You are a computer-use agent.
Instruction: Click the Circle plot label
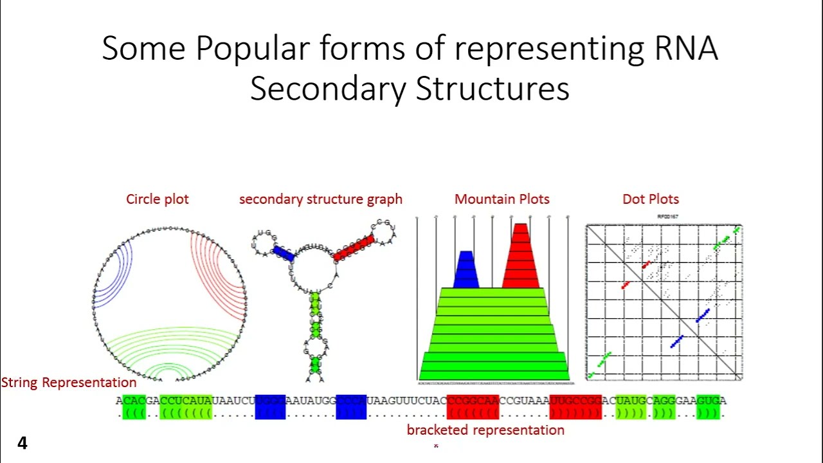[158, 199]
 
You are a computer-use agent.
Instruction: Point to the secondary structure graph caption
[320, 199]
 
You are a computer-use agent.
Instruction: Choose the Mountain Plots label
[502, 199]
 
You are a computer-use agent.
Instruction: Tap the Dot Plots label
[650, 199]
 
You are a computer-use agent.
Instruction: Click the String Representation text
[69, 383]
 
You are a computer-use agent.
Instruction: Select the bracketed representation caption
[485, 430]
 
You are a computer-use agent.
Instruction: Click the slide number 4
[23, 443]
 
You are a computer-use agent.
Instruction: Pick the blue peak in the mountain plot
[466, 270]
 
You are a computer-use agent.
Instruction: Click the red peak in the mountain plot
[520, 257]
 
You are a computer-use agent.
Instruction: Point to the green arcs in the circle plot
[170, 350]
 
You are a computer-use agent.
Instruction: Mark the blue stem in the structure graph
[284, 253]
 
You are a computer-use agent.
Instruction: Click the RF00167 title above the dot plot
[667, 217]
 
